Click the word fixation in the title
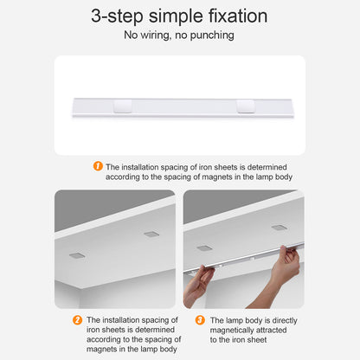tap(238, 16)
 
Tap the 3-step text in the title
tap(117, 16)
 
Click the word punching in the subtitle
tap(212, 35)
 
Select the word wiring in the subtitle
tap(156, 35)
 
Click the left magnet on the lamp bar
tap(122, 106)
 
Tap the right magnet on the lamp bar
tap(246, 106)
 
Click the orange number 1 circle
tap(98, 166)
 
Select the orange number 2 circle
tap(77, 319)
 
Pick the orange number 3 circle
tap(200, 319)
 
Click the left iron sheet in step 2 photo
tap(77, 255)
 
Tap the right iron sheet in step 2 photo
tap(151, 234)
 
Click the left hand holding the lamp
tap(199, 286)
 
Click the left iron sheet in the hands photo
tap(204, 248)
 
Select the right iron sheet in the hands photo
tap(280, 228)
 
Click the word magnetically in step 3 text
tap(232, 331)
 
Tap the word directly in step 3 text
tap(285, 321)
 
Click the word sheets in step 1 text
tap(222, 167)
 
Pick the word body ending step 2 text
tap(168, 350)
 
